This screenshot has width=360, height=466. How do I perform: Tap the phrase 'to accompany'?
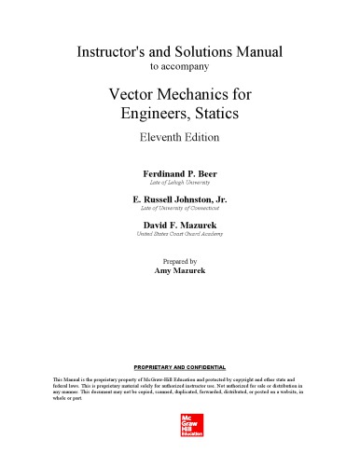pyautogui.click(x=180, y=66)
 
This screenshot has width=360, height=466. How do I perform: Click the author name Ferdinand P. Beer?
pyautogui.click(x=180, y=174)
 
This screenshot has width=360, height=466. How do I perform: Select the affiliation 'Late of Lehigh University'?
pyautogui.click(x=180, y=186)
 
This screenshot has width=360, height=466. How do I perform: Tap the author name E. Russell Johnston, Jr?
pyautogui.click(x=180, y=201)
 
